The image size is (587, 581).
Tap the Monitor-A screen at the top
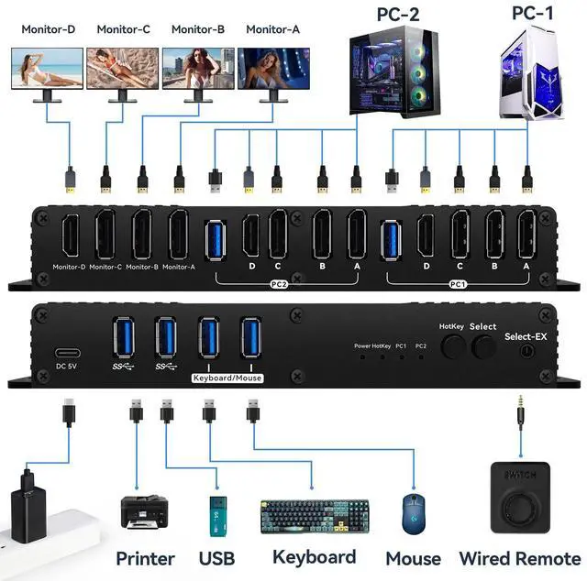tap(273, 68)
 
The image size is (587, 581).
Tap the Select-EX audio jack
tap(526, 350)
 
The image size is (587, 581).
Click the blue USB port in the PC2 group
tap(216, 236)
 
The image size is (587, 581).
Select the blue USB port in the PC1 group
tap(392, 236)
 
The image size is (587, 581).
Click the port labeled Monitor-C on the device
tap(105, 236)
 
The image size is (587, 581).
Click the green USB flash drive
tap(216, 517)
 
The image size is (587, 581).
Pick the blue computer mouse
tap(413, 515)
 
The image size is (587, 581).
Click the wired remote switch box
tap(519, 496)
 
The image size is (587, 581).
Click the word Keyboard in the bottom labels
tap(314, 557)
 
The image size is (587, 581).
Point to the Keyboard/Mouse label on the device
tap(228, 378)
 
